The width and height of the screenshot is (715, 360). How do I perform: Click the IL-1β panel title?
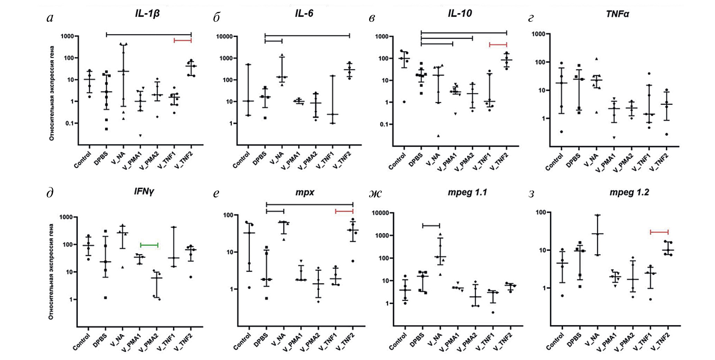point(147,13)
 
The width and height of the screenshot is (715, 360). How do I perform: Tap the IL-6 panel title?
point(304,13)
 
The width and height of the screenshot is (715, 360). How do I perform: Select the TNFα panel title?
point(617,14)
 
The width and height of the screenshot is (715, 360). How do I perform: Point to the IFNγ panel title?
point(144,191)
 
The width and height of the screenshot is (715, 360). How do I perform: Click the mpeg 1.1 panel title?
point(467,192)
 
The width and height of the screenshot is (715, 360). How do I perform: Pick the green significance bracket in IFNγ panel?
point(149,245)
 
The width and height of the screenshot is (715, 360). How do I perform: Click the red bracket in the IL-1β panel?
point(182,41)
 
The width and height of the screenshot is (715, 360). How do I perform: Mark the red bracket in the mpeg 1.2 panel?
point(659,232)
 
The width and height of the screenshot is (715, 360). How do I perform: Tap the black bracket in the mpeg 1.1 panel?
point(431,226)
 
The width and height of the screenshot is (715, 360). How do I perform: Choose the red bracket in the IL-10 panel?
point(498,45)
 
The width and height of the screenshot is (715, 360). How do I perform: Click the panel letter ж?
point(375,193)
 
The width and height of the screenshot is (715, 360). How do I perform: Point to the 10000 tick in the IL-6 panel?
point(224,36)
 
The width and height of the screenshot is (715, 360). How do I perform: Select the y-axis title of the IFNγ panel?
point(51,271)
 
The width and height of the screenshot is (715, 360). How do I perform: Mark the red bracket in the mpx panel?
point(344,211)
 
